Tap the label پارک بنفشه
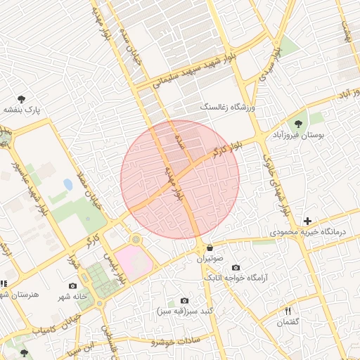point(22,110)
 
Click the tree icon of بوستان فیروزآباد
point(298,124)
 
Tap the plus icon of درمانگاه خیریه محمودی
point(307,221)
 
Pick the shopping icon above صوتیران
point(210,248)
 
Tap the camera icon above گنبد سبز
point(184,300)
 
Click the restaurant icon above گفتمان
point(288,311)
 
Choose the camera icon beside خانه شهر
point(72,285)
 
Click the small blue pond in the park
point(67,184)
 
